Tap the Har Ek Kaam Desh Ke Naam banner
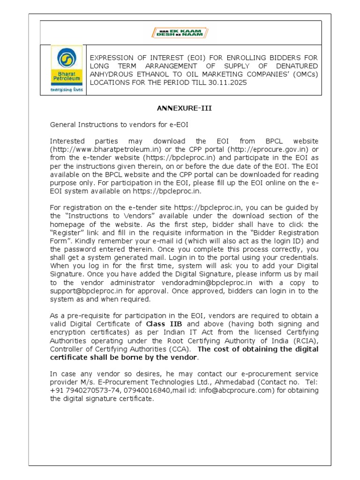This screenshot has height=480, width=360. pos(180,33)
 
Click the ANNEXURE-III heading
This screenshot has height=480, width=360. pos(184,108)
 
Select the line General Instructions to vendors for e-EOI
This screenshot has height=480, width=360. pos(119,125)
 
